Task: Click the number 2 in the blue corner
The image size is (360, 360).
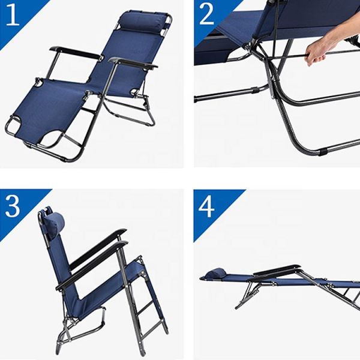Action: [x=207, y=14]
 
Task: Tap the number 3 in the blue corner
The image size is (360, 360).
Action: [x=14, y=205]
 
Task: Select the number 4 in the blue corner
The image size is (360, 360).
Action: [x=207, y=206]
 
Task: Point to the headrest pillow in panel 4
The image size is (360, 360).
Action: [x=216, y=274]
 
